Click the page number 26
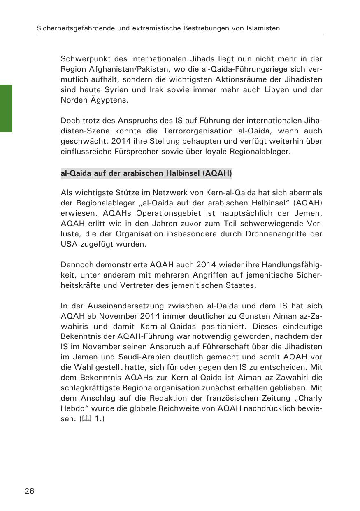click(x=29, y=491)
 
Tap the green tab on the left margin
click(x=6, y=108)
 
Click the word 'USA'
click(x=68, y=244)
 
